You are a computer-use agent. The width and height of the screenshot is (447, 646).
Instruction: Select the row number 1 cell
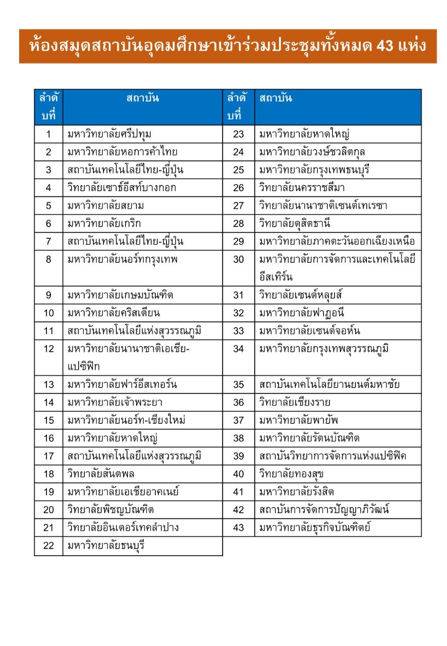pos(48,134)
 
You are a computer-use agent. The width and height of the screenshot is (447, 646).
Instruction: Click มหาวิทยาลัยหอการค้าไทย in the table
pos(123,152)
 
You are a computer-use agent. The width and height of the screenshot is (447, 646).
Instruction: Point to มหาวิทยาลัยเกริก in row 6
pos(99,224)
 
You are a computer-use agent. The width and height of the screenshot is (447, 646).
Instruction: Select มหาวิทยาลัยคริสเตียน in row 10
pos(114,313)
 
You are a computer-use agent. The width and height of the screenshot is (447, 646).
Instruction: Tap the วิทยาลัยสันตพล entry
pos(101,474)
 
